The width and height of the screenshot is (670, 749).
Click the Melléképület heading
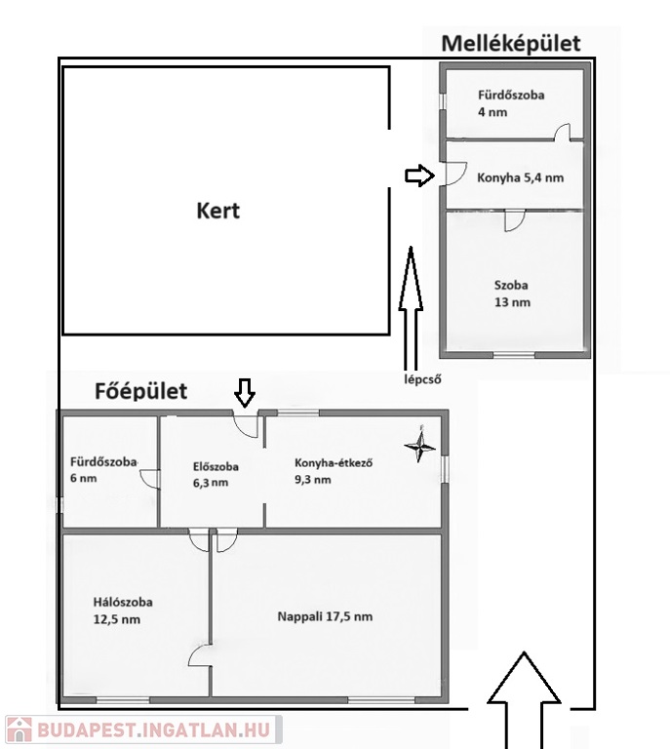point(510,43)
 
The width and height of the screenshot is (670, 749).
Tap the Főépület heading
point(140,392)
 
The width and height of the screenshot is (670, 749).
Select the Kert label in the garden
point(217,210)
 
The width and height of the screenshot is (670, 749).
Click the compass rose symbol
point(420,446)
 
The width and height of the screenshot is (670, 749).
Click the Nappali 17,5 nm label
point(325,616)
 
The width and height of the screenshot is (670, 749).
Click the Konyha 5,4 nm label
point(520,178)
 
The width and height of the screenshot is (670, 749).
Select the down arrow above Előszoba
point(244,392)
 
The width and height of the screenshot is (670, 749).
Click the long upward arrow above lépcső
point(411,305)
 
